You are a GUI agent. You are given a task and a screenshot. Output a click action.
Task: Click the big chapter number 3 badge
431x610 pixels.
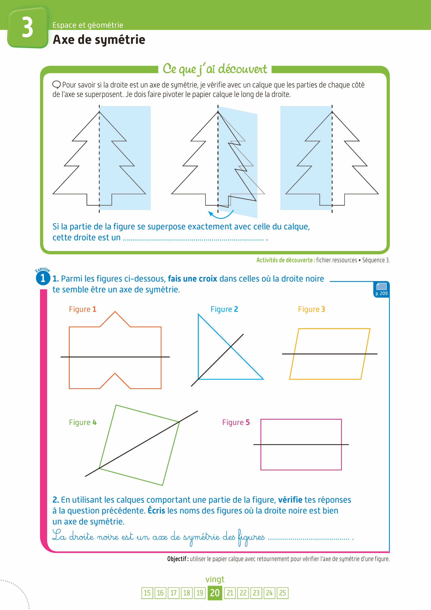[28, 28]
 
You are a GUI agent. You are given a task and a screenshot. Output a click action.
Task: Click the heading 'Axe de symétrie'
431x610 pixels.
[99, 40]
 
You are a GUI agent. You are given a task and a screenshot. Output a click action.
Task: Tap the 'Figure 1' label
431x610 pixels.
[82, 309]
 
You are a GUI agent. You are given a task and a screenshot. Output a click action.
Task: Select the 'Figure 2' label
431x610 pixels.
[224, 309]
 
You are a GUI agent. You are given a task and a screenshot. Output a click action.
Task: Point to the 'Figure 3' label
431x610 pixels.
[311, 309]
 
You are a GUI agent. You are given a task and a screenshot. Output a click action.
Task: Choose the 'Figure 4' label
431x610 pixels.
[83, 422]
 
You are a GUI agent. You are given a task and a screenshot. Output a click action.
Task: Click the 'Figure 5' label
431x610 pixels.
[236, 422]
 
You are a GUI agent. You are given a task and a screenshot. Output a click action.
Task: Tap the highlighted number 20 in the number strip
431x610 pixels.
[215, 593]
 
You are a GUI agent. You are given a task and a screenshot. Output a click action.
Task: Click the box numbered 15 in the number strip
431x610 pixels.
[147, 593]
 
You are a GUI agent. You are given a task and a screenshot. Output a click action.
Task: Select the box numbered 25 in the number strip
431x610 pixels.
[282, 593]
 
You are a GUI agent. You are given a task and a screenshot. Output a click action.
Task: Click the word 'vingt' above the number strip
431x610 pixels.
[215, 579]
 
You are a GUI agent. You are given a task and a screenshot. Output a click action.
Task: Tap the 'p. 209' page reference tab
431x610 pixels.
[381, 290]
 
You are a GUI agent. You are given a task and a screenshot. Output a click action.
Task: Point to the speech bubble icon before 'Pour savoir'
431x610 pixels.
[56, 85]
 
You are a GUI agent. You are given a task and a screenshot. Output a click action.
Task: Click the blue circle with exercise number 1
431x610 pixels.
[43, 278]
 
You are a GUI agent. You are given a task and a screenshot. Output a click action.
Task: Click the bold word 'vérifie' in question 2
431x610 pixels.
[290, 500]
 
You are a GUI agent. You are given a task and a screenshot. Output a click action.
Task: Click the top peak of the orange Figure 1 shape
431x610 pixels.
[115, 312]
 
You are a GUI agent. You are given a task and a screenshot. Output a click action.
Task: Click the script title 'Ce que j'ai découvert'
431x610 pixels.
[215, 69]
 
